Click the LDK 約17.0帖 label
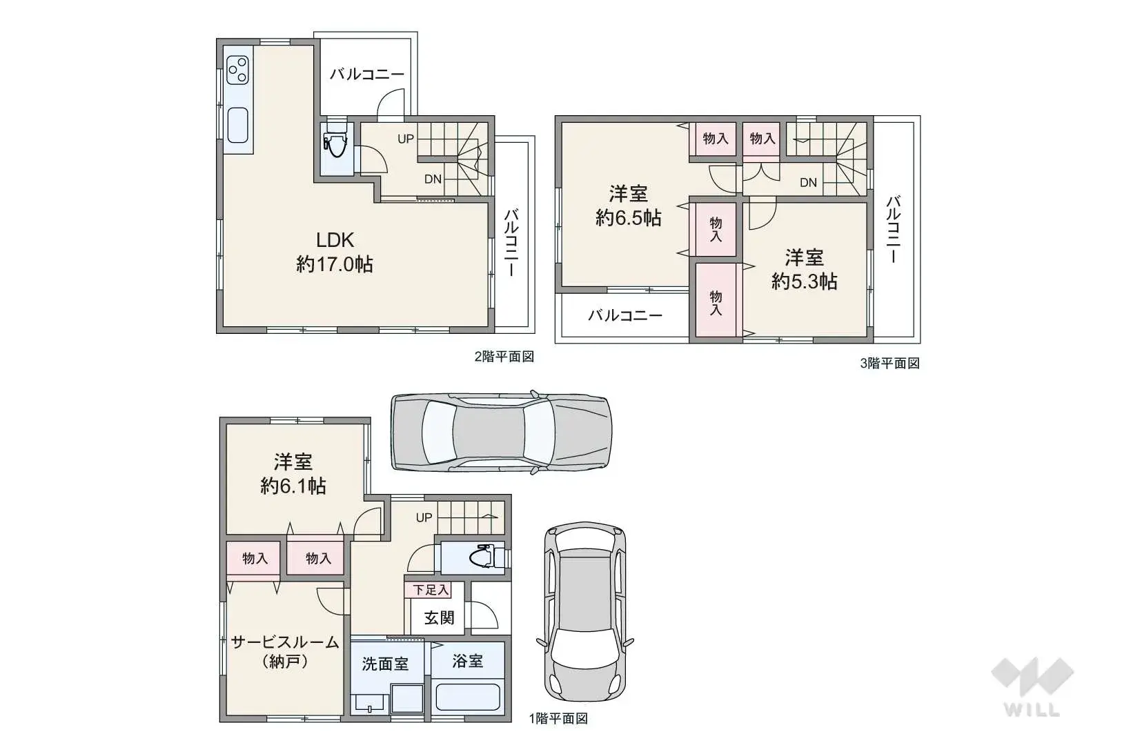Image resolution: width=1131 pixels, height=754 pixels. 335,252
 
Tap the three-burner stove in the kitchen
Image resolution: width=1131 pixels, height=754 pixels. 237,70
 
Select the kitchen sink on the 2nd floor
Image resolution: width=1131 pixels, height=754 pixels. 237,126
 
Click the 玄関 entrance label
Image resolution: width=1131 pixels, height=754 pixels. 439,617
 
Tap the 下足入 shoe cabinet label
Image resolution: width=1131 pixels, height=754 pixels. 431,590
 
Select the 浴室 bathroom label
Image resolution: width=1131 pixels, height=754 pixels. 467,661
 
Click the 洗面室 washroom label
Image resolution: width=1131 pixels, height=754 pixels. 385,664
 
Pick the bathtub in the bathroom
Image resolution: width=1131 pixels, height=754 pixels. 468,697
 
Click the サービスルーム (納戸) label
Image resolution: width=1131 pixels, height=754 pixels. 285,651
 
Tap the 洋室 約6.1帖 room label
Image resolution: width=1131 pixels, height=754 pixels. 293,474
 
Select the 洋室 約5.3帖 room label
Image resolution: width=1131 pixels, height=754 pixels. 805,270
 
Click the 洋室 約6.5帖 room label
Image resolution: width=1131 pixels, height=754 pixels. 628,206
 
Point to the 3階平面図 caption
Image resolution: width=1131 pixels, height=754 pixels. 889,363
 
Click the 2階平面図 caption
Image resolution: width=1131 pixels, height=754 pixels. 504,357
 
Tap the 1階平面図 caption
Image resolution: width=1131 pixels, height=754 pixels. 558,718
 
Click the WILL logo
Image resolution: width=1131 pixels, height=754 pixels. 1032,687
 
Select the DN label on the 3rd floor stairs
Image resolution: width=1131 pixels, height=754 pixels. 808,182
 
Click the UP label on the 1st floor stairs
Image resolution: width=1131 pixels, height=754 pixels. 424,517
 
